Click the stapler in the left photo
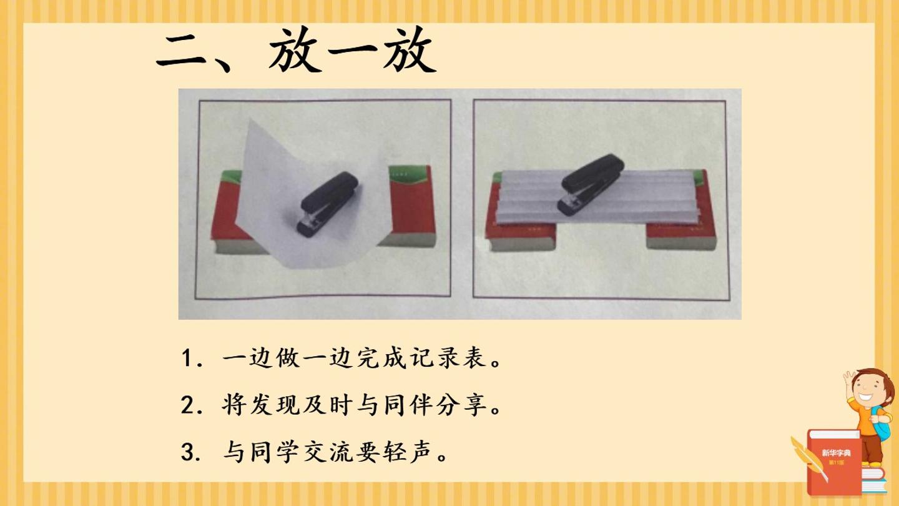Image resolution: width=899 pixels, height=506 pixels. (x=327, y=204)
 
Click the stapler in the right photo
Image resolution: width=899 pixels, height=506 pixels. (x=591, y=184)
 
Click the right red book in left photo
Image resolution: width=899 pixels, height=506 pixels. (x=411, y=206)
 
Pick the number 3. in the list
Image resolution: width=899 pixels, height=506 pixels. (x=191, y=452)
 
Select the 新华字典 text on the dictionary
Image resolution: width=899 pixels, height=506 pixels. (x=836, y=453)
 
